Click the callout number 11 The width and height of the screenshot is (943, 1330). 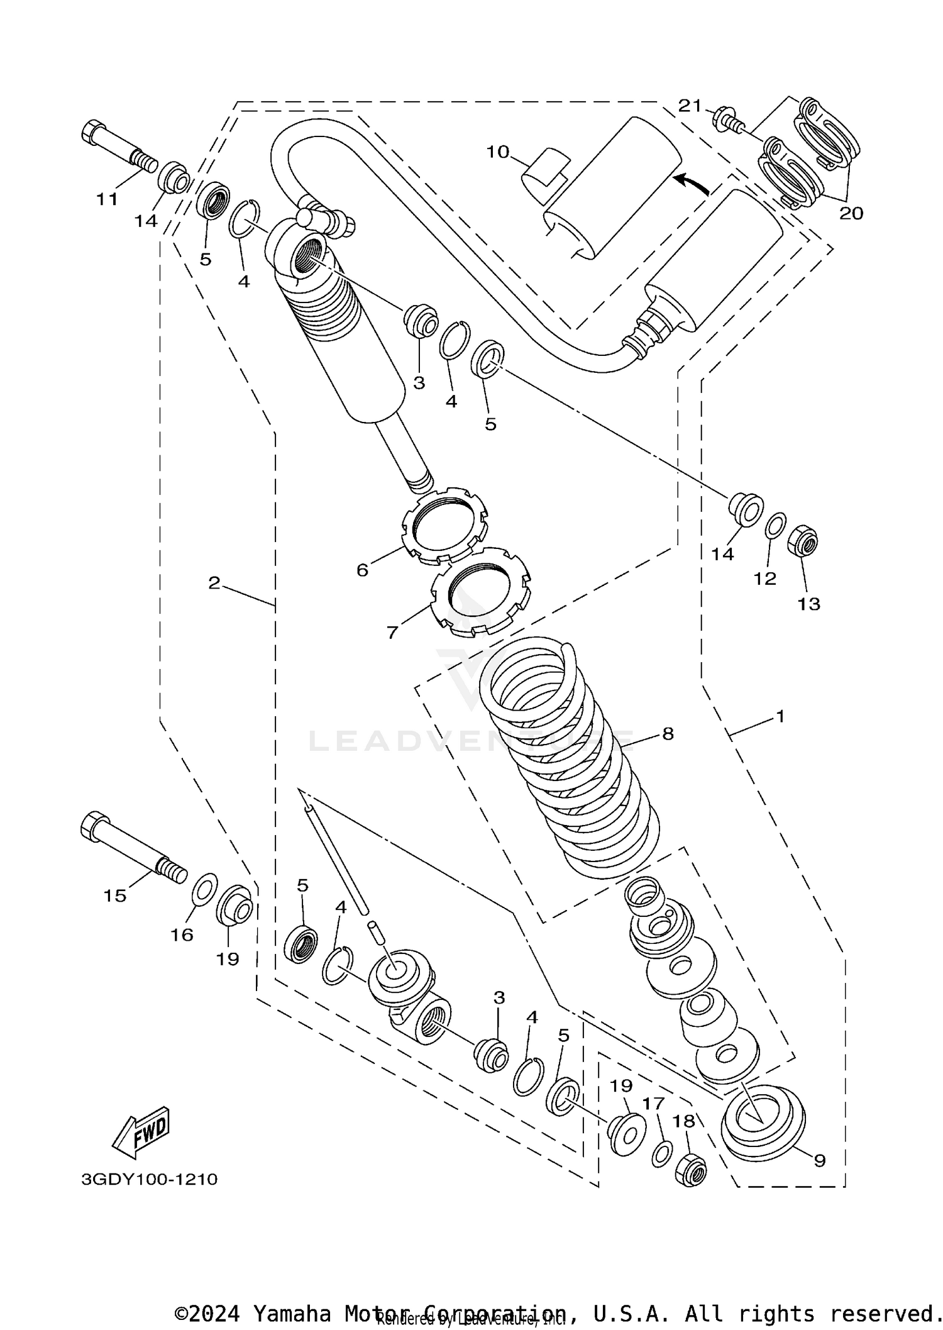pyautogui.click(x=107, y=200)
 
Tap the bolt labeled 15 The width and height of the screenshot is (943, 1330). pyautogui.click(x=129, y=846)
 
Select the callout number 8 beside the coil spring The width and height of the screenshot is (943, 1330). pyautogui.click(x=668, y=733)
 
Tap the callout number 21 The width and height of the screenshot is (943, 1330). pyautogui.click(x=690, y=106)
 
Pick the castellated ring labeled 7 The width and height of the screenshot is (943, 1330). pyautogui.click(x=481, y=590)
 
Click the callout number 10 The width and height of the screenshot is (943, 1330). pyautogui.click(x=497, y=152)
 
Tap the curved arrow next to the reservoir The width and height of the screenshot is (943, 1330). pyautogui.click(x=692, y=184)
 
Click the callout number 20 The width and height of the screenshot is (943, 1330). pyautogui.click(x=851, y=214)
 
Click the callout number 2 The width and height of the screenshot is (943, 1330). pyautogui.click(x=214, y=583)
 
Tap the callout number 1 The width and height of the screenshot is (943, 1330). pyautogui.click(x=780, y=716)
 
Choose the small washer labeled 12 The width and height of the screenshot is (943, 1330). pyautogui.click(x=775, y=525)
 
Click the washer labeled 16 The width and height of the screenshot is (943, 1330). pyautogui.click(x=204, y=887)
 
